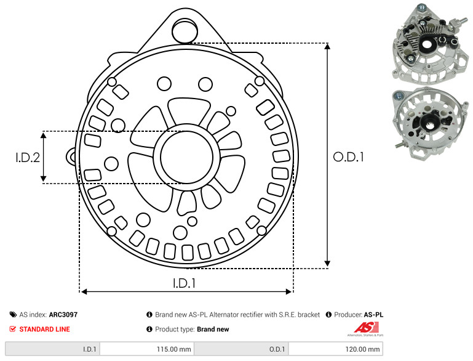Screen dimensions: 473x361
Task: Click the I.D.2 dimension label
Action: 28,157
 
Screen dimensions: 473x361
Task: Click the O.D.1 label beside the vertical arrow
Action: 348,157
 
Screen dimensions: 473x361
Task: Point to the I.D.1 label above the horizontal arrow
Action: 185,283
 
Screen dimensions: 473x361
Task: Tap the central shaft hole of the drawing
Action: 187,157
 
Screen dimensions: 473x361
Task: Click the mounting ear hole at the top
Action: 185,30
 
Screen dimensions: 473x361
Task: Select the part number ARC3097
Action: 63,314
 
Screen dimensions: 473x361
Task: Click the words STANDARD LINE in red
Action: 45,329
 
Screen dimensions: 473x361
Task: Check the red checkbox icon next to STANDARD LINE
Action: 13,329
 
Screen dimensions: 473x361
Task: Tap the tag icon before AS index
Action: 13,314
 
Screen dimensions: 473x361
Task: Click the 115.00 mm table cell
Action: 147,349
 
